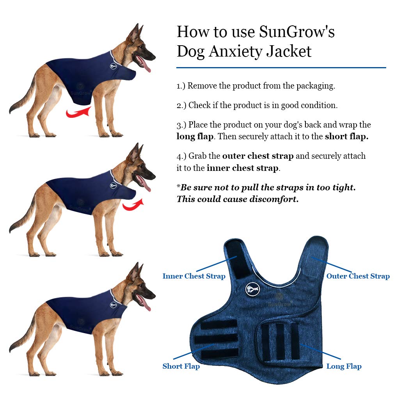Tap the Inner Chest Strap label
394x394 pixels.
point(194,276)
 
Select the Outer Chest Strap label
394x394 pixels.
point(358,276)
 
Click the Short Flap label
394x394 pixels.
point(181,366)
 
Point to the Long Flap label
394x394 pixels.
point(344,366)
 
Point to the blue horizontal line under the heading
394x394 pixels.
point(281,67)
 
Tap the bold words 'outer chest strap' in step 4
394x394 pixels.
point(257,156)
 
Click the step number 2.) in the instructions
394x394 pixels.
point(181,105)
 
